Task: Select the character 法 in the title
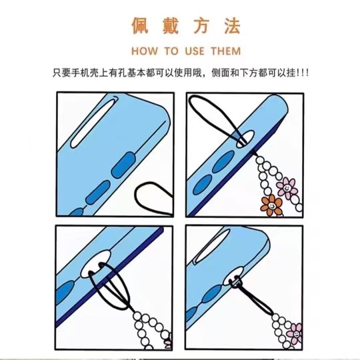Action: pyautogui.click(x=229, y=26)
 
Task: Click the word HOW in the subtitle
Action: pyautogui.click(x=144, y=51)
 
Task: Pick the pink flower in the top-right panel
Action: pyautogui.click(x=287, y=186)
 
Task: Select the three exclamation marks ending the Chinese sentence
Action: pyautogui.click(x=301, y=72)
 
